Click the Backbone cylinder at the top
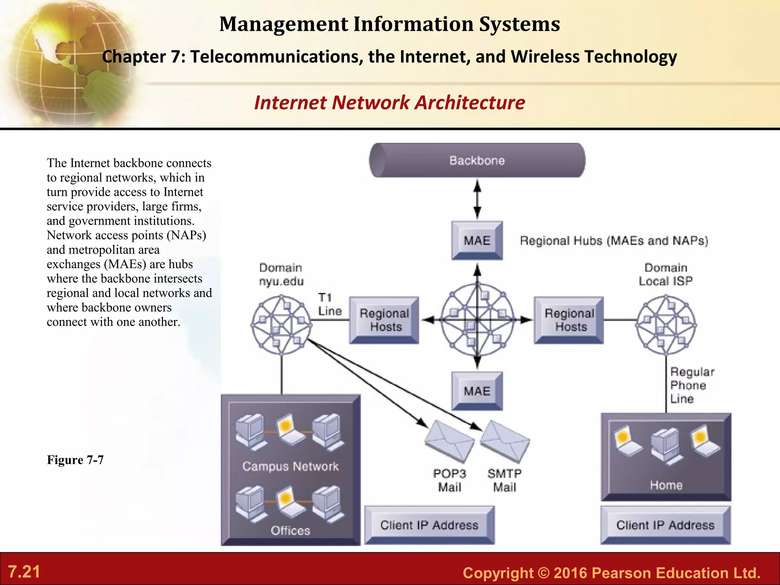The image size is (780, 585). click(477, 160)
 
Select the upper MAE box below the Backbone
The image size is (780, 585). click(477, 240)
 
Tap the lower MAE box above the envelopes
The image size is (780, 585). click(477, 391)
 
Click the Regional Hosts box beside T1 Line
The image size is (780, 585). click(384, 320)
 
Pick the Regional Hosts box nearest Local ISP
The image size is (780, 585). click(569, 320)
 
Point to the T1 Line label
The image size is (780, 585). click(329, 304)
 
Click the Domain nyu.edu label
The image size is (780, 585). click(281, 274)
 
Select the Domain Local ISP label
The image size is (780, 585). click(666, 274)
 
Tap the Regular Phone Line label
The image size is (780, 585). click(691, 385)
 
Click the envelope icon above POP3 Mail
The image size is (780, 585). click(449, 441)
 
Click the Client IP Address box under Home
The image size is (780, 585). click(665, 525)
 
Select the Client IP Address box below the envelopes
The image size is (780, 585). click(429, 525)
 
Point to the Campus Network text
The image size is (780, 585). click(290, 466)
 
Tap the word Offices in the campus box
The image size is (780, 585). click(290, 531)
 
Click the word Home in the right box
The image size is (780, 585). click(666, 485)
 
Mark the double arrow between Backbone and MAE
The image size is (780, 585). click(477, 199)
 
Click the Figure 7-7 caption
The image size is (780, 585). click(75, 460)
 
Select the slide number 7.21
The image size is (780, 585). click(24, 572)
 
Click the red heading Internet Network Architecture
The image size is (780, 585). click(389, 102)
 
